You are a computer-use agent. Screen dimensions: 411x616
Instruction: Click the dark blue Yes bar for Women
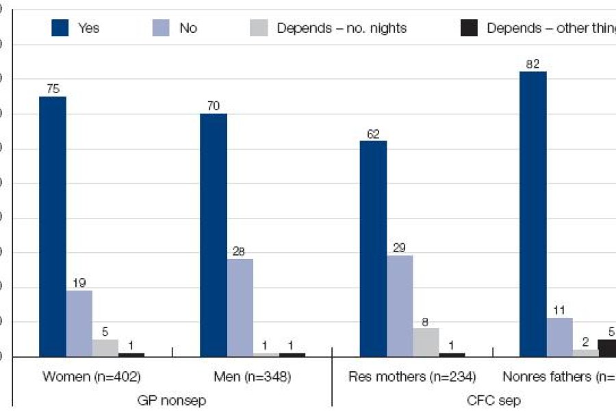[53, 226]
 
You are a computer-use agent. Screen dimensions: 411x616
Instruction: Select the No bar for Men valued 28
[240, 308]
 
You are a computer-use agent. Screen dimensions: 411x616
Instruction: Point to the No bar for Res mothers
[400, 306]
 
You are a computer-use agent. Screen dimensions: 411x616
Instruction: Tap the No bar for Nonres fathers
[559, 337]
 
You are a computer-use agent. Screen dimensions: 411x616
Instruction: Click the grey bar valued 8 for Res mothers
[426, 342]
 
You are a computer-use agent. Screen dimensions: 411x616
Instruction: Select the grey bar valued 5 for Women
[105, 347]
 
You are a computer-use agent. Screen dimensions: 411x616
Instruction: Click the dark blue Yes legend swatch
[60, 28]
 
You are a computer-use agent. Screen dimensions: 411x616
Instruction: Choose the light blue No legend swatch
[162, 28]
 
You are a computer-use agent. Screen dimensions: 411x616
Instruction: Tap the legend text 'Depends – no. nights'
[342, 28]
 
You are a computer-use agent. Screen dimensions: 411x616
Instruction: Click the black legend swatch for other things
[469, 28]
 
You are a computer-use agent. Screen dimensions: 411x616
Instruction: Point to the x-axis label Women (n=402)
[92, 377]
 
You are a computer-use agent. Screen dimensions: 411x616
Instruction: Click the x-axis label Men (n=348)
[252, 377]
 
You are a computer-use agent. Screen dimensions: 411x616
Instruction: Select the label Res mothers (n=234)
[412, 377]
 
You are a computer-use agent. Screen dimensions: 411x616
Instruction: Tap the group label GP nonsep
[172, 399]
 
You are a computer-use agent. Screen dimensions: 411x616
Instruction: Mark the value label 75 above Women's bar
[53, 88]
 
